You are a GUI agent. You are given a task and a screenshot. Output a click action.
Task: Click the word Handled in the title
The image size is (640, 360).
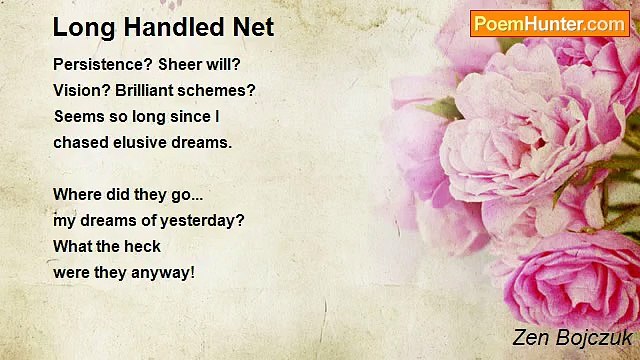[175, 27]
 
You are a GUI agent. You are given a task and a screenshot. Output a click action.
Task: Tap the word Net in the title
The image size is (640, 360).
[253, 27]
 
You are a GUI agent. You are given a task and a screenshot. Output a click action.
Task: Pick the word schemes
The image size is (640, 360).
[216, 91]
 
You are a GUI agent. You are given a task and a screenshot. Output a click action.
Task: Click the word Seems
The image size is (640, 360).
[79, 117]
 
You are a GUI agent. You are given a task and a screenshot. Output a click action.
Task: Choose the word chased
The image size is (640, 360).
[81, 143]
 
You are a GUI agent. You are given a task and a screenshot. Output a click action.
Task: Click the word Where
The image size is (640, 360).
[78, 194]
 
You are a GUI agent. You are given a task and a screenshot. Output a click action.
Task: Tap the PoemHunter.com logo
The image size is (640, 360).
[550, 24]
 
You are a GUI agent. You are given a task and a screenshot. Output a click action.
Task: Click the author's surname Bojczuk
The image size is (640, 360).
[594, 338]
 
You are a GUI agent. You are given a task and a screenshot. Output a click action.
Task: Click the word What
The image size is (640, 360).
[70, 247]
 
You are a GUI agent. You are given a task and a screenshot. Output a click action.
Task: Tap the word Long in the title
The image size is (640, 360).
[84, 28]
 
